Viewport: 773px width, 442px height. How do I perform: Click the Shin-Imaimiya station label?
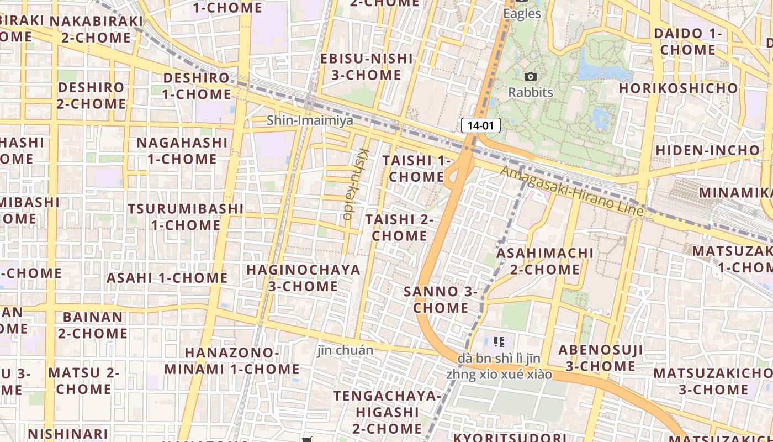point(310,120)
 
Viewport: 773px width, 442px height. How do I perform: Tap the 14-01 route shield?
point(480,125)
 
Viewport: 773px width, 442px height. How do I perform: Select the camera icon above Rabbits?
point(530,77)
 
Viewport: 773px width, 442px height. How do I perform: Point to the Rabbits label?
point(530,92)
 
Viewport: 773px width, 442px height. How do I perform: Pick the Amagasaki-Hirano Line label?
point(572,191)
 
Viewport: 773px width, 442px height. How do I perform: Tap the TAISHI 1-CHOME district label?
point(417,169)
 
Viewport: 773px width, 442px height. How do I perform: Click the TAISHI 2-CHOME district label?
point(399,228)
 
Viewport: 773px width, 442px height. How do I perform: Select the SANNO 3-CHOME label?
point(441,299)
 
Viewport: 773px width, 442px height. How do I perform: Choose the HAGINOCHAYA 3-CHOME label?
point(303,278)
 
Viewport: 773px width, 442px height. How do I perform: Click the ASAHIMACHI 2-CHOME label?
point(545,261)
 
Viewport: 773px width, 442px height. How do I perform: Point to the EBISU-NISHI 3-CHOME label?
point(367,66)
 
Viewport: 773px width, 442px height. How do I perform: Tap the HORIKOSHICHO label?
point(678,88)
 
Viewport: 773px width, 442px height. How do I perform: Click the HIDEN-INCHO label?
point(708,150)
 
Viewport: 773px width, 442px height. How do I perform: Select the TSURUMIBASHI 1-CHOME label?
point(186,217)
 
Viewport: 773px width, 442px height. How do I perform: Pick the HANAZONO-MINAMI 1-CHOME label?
point(232,361)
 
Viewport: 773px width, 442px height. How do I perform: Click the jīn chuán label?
point(346,350)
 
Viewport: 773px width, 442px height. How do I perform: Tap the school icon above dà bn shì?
point(499,342)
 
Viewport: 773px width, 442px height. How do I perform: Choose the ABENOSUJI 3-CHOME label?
point(600,357)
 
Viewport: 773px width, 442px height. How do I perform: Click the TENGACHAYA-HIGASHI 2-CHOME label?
point(388,412)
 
